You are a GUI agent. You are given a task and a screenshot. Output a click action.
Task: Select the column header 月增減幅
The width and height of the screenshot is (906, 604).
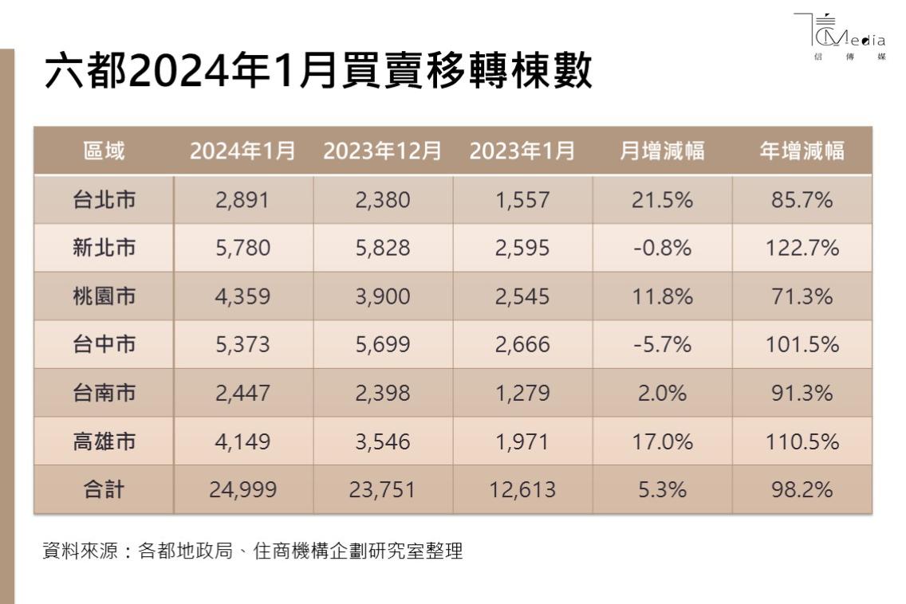pyautogui.click(x=662, y=151)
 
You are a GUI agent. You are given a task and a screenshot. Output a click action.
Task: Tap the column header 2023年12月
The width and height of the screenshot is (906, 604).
pyautogui.click(x=383, y=151)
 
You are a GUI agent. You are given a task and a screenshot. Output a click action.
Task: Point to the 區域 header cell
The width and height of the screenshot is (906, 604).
pyautogui.click(x=104, y=151)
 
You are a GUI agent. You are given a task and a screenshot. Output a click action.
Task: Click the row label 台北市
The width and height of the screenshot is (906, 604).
pyautogui.click(x=104, y=199)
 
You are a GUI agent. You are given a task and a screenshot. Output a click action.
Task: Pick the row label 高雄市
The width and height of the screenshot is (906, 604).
pyautogui.click(x=104, y=441)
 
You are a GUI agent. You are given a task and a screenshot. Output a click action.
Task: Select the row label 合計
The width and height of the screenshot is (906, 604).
pyautogui.click(x=104, y=489)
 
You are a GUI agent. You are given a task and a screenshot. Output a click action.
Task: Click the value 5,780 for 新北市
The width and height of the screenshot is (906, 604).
pyautogui.click(x=243, y=248)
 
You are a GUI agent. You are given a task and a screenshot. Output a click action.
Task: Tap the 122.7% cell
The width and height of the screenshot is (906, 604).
pyautogui.click(x=802, y=248)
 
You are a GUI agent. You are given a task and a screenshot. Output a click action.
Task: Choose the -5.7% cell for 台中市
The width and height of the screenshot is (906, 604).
pyautogui.click(x=662, y=344)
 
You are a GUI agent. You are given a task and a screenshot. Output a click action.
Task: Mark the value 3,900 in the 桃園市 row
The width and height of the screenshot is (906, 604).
pyautogui.click(x=383, y=296)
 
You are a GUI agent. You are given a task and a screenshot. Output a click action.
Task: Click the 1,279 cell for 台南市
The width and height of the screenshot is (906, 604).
pyautogui.click(x=522, y=393)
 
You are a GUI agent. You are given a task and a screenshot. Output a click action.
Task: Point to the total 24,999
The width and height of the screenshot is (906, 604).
pyautogui.click(x=243, y=489)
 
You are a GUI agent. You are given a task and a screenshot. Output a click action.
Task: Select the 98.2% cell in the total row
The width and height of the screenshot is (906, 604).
pyautogui.click(x=802, y=489)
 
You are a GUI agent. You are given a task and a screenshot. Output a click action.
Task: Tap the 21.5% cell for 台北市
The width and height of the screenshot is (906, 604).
pyautogui.click(x=662, y=199)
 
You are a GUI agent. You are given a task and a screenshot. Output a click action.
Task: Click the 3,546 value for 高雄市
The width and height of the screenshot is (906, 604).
pyautogui.click(x=383, y=441)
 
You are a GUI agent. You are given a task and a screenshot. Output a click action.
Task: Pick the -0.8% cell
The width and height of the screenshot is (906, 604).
pyautogui.click(x=662, y=248)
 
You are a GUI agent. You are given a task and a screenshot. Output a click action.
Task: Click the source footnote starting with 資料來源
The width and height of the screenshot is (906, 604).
pyautogui.click(x=252, y=551)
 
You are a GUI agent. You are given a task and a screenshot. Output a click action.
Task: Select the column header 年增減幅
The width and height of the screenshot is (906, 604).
pyautogui.click(x=802, y=151)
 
